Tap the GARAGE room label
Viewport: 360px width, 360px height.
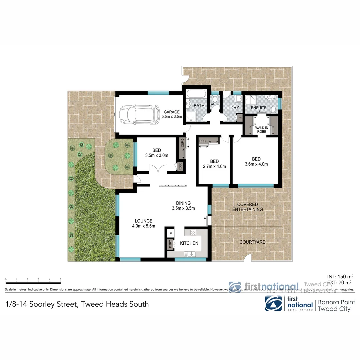(x=172, y=112)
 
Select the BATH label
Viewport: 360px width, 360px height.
(x=199, y=106)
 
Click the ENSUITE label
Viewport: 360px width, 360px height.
(x=259, y=108)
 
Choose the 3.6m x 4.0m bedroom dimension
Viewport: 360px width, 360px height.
(x=256, y=164)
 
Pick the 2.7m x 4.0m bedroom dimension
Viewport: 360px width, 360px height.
(x=215, y=166)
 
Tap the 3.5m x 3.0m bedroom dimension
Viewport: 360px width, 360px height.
(x=157, y=155)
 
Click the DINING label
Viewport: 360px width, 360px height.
(x=183, y=203)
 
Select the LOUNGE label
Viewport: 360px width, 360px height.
(x=144, y=221)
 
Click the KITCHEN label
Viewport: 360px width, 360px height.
(x=189, y=243)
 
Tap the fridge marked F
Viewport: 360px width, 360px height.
(x=171, y=234)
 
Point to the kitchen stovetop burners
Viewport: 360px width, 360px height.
(x=193, y=232)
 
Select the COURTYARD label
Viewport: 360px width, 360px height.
(x=253, y=242)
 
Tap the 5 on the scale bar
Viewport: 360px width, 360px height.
(x=60, y=279)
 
